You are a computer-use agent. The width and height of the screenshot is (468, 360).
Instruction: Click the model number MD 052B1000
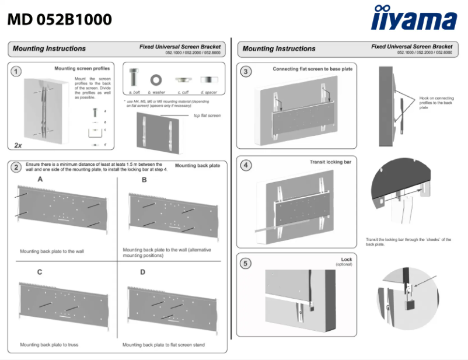(60, 20)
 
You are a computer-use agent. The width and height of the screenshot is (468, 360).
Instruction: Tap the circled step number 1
(17, 71)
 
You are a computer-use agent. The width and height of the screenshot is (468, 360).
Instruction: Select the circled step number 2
(17, 167)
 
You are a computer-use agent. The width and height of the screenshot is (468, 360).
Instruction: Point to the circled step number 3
(247, 71)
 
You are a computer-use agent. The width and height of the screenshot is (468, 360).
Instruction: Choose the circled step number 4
(247, 165)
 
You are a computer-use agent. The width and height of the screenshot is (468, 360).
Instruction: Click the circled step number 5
(247, 264)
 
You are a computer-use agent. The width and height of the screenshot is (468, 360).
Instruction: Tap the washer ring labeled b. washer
(156, 78)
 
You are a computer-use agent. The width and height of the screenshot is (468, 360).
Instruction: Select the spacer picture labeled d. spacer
(208, 79)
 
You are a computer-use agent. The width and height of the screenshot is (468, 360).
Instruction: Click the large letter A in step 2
(40, 180)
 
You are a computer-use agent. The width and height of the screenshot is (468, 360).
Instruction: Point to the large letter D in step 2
(143, 272)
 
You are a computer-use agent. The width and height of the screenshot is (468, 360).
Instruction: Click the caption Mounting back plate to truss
(49, 345)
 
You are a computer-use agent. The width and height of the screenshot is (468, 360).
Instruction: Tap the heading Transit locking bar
(330, 162)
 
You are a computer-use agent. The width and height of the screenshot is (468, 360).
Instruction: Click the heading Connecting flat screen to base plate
(312, 69)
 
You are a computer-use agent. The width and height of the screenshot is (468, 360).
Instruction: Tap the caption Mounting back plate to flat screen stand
(163, 345)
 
